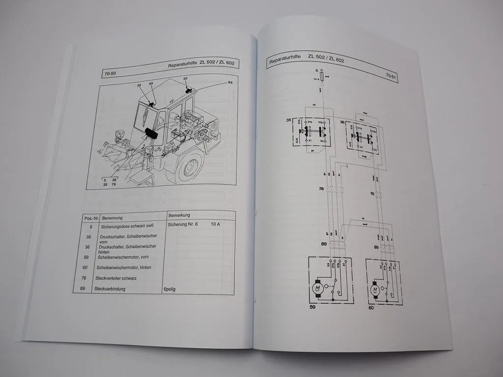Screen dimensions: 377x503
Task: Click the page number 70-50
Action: [111, 74]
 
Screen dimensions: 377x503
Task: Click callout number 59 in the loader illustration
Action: [139, 86]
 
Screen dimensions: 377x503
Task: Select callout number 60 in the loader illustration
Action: [186, 79]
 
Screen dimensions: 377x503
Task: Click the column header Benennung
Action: [112, 217]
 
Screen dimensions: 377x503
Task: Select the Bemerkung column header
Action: [179, 215]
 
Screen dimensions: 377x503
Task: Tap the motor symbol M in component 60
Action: [375, 290]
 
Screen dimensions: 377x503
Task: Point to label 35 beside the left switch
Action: [289, 120]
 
